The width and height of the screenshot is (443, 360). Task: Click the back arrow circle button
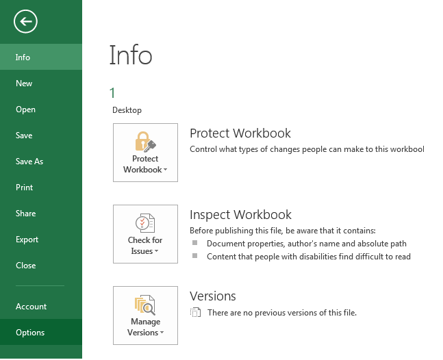[x=25, y=22]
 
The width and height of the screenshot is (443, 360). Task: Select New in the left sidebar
[x=24, y=83]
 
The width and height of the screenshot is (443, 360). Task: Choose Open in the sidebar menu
[x=25, y=110]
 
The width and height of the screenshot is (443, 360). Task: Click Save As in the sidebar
[x=29, y=162]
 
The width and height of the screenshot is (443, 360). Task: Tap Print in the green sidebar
[x=25, y=188]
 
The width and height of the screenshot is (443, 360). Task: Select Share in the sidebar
[x=25, y=214]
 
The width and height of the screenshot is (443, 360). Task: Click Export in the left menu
[x=27, y=240]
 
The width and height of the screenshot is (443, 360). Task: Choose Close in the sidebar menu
[x=25, y=266]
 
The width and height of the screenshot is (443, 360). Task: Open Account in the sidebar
[x=31, y=307]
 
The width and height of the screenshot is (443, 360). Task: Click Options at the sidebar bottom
[x=30, y=333]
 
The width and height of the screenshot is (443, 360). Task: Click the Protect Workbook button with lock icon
[x=145, y=153]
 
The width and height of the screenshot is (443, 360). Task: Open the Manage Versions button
[x=145, y=316]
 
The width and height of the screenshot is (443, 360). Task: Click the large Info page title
[x=130, y=55]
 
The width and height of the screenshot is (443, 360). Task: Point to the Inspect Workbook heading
[x=240, y=215]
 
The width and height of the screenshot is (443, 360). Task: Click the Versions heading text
[x=212, y=296]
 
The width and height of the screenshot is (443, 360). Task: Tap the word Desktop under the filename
[x=127, y=110]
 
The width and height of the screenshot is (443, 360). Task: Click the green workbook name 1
[x=112, y=94]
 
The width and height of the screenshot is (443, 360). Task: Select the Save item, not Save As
[x=24, y=136]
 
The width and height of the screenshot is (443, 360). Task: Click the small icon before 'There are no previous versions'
[x=196, y=313]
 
